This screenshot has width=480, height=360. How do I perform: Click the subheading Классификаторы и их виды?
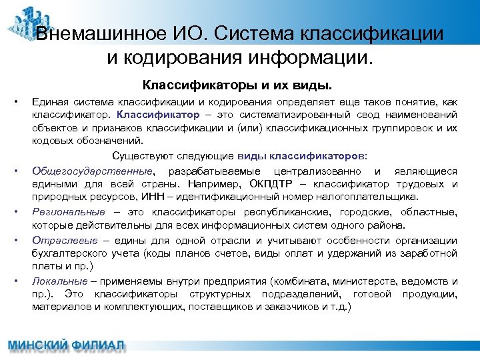click(x=237, y=86)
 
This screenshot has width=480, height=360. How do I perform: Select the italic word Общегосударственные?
click(x=92, y=171)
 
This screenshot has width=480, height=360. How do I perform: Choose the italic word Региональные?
click(x=69, y=211)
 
